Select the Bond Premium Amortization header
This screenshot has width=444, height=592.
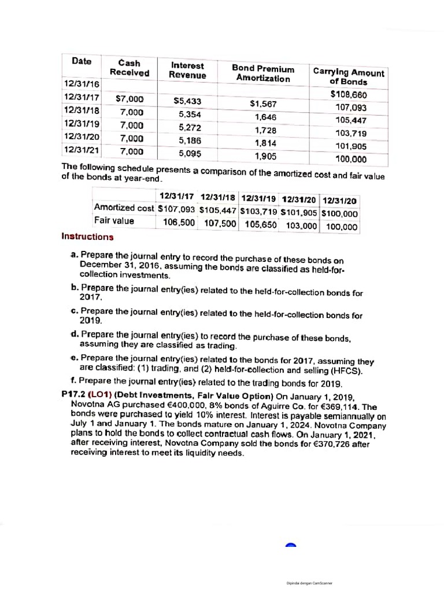pos(263,73)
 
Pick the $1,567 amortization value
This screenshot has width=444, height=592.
pos(264,104)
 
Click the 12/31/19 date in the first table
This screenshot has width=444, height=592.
pos(81,123)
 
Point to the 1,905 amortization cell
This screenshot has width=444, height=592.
pos(265,156)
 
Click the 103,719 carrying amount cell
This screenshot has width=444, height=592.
pos(351,133)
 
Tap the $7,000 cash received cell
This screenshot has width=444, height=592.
pos(130,99)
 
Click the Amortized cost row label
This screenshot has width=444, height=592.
pos(124,208)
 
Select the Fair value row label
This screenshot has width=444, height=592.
pos(114,220)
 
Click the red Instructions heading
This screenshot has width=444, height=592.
pos(87,236)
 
